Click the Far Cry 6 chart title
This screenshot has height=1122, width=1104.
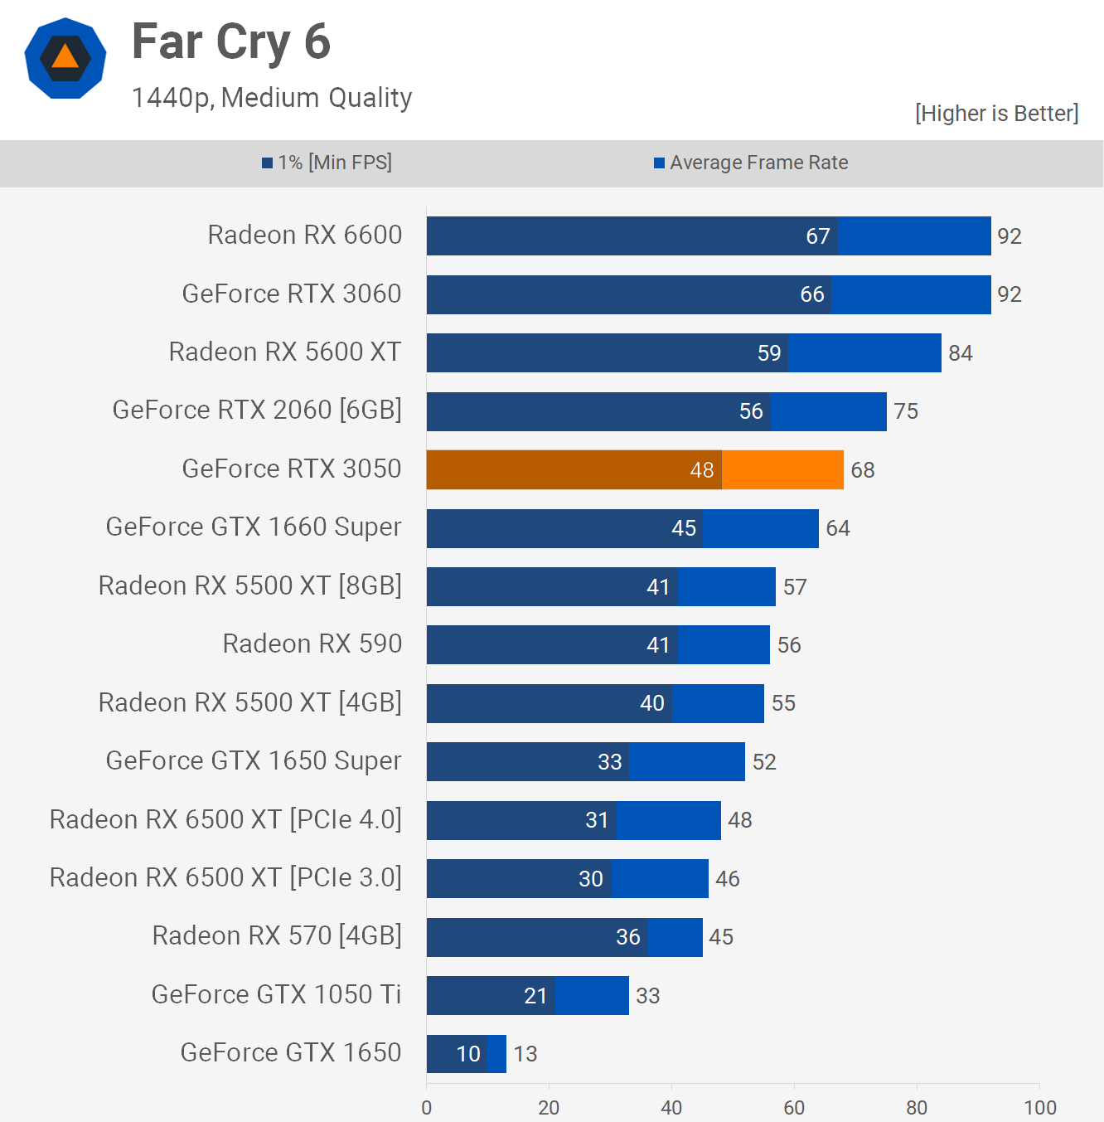(231, 42)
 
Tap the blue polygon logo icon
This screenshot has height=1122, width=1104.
(65, 58)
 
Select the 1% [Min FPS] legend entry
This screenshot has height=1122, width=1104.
(327, 163)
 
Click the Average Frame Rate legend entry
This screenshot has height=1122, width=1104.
(751, 163)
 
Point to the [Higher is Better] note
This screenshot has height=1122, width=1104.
(996, 114)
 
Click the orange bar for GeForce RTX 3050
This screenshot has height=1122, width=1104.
(634, 470)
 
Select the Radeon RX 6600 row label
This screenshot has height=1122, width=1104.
(304, 236)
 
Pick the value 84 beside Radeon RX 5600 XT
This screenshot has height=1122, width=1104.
(960, 353)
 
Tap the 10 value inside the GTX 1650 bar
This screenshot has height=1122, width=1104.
(468, 1054)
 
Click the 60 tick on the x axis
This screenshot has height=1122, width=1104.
(794, 1107)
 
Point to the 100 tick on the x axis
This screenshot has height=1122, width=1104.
(1039, 1107)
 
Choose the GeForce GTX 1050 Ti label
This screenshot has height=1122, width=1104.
(276, 994)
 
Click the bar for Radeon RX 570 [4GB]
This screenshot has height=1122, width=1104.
(564, 937)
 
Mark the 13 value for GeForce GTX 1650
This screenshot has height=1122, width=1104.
(525, 1054)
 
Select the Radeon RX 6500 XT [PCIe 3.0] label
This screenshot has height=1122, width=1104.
(225, 877)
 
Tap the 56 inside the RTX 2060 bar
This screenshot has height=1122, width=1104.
(751, 411)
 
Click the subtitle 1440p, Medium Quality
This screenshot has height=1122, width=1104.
(272, 98)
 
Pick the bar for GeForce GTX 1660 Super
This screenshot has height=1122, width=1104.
(622, 528)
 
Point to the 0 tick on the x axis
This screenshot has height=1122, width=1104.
(427, 1107)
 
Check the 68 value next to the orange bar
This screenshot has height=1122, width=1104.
(863, 470)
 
